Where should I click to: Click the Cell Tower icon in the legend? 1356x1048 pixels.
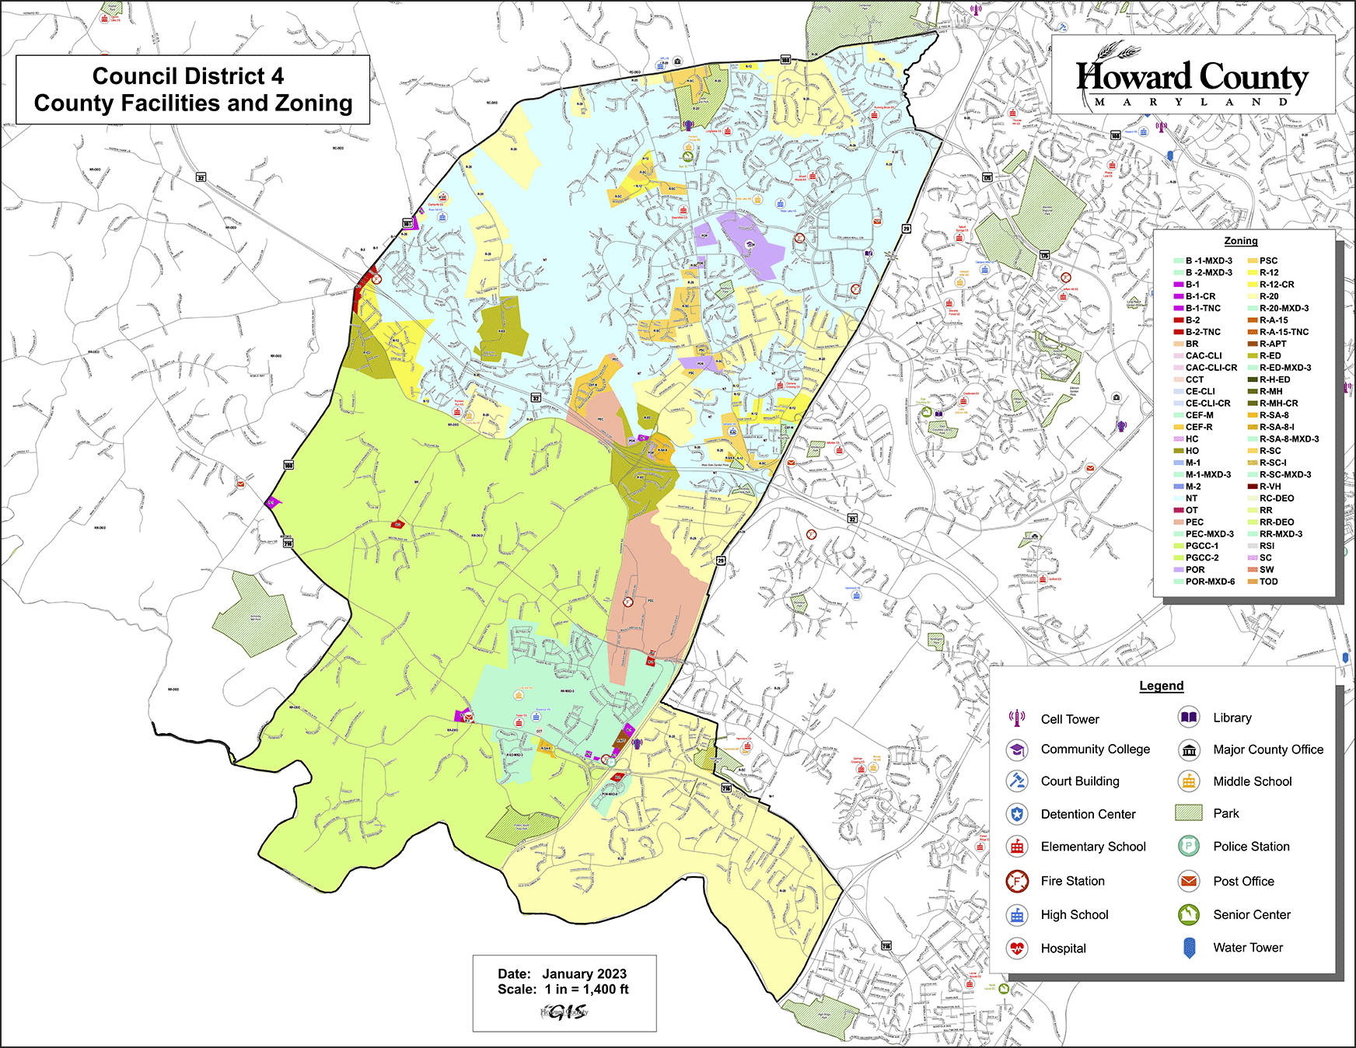click(x=1016, y=718)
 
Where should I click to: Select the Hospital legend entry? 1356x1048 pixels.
click(x=1063, y=948)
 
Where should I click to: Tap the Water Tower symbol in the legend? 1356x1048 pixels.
click(x=1188, y=948)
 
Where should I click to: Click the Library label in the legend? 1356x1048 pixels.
click(x=1232, y=718)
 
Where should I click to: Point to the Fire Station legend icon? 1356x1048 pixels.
click(x=1016, y=881)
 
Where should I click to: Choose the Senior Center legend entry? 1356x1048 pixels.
click(x=1251, y=915)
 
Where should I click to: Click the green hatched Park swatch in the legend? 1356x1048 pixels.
click(x=1189, y=813)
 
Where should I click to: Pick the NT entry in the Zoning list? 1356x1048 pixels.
click(x=1191, y=498)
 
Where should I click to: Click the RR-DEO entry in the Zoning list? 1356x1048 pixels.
click(x=1277, y=522)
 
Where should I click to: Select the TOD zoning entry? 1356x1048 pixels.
click(x=1268, y=582)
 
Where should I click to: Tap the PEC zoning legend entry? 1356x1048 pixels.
click(x=1194, y=522)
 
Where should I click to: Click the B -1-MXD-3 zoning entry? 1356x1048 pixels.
click(x=1208, y=261)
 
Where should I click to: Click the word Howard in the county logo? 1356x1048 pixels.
click(x=1133, y=77)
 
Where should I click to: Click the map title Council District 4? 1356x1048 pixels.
click(x=188, y=76)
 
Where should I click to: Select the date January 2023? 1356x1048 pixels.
click(x=584, y=974)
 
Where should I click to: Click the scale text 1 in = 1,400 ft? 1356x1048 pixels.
click(x=586, y=990)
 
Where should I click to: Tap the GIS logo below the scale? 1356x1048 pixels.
click(x=565, y=1012)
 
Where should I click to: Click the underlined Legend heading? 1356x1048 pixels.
click(x=1161, y=686)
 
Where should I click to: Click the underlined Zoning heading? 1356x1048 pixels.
click(x=1240, y=241)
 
